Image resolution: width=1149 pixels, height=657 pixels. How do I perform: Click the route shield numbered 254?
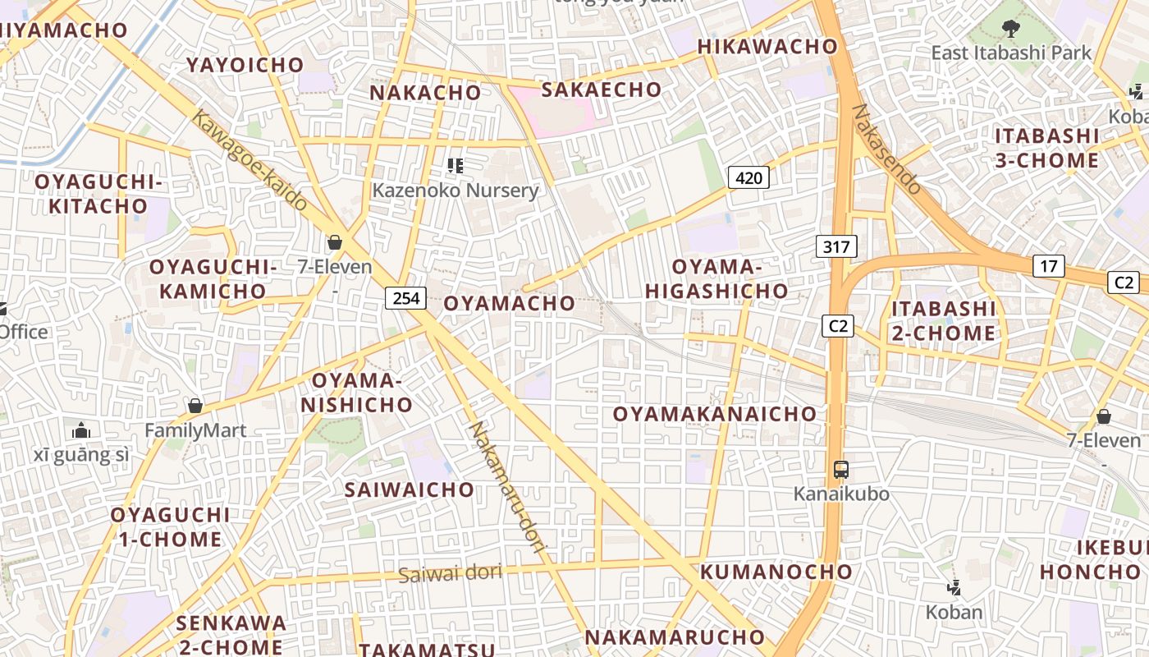point(406,298)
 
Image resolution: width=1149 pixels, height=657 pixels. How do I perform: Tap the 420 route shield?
point(748,177)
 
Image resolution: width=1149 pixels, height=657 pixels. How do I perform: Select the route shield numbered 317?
point(836,246)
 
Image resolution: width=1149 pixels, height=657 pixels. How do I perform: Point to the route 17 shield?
point(1049,266)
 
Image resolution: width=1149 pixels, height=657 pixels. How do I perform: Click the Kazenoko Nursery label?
point(455,191)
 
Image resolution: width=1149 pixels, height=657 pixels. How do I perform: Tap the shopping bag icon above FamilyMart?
point(195,406)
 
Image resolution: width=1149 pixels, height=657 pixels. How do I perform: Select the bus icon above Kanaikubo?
point(841,471)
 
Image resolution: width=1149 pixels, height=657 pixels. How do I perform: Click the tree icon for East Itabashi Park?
point(1010,29)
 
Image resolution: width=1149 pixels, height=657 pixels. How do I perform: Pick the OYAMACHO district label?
point(510,303)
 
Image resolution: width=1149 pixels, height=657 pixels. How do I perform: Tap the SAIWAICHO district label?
point(410,490)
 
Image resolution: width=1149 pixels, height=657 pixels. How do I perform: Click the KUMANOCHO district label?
point(776,572)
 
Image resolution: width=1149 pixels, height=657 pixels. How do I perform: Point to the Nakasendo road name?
point(888,149)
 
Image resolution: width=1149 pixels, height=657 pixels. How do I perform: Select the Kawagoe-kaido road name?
point(249,160)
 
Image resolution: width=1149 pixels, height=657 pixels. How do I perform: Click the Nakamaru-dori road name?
point(506,488)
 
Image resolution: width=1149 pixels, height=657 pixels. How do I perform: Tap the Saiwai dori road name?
point(451,572)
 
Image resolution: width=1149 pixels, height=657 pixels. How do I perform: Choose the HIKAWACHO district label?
point(767,47)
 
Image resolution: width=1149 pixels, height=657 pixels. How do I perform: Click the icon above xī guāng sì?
point(81,430)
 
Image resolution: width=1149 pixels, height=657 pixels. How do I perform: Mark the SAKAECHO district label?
point(602,90)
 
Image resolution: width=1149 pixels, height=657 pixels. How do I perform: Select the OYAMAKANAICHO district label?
point(715,414)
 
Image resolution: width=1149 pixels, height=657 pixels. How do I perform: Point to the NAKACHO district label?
point(425,93)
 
